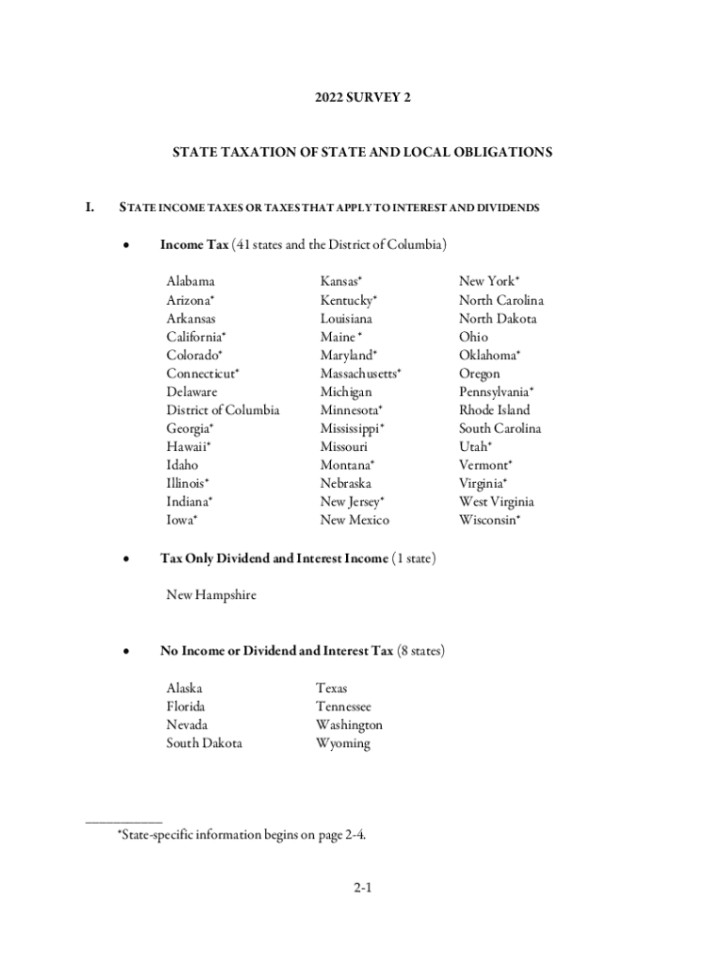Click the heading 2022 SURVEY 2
(x=363, y=97)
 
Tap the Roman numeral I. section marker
(x=91, y=208)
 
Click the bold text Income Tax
(x=194, y=245)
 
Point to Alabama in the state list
(x=190, y=281)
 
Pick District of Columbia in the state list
(x=223, y=410)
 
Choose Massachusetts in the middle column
(x=359, y=374)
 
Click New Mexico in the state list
(x=355, y=520)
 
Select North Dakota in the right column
(x=498, y=319)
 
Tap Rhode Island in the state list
(x=495, y=410)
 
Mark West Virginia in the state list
(x=496, y=502)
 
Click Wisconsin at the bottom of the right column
(x=488, y=520)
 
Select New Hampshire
(x=211, y=595)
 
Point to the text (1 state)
(x=413, y=558)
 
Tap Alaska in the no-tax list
(x=184, y=689)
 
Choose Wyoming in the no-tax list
(x=343, y=743)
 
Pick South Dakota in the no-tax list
(x=204, y=743)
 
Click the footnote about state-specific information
(x=240, y=833)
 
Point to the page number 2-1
(x=363, y=888)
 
